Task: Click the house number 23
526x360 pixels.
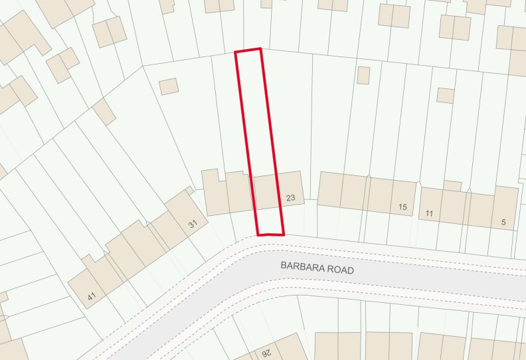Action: click(290, 198)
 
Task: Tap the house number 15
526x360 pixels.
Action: click(402, 207)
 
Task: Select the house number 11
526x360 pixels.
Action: click(429, 213)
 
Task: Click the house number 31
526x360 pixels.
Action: click(193, 225)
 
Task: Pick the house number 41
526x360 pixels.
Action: click(92, 297)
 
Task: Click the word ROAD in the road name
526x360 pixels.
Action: click(341, 271)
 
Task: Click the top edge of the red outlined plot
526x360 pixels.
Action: click(248, 50)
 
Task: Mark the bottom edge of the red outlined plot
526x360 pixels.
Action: click(271, 234)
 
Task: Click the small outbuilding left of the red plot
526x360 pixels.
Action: click(169, 86)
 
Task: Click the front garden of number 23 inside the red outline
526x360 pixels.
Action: click(270, 221)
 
